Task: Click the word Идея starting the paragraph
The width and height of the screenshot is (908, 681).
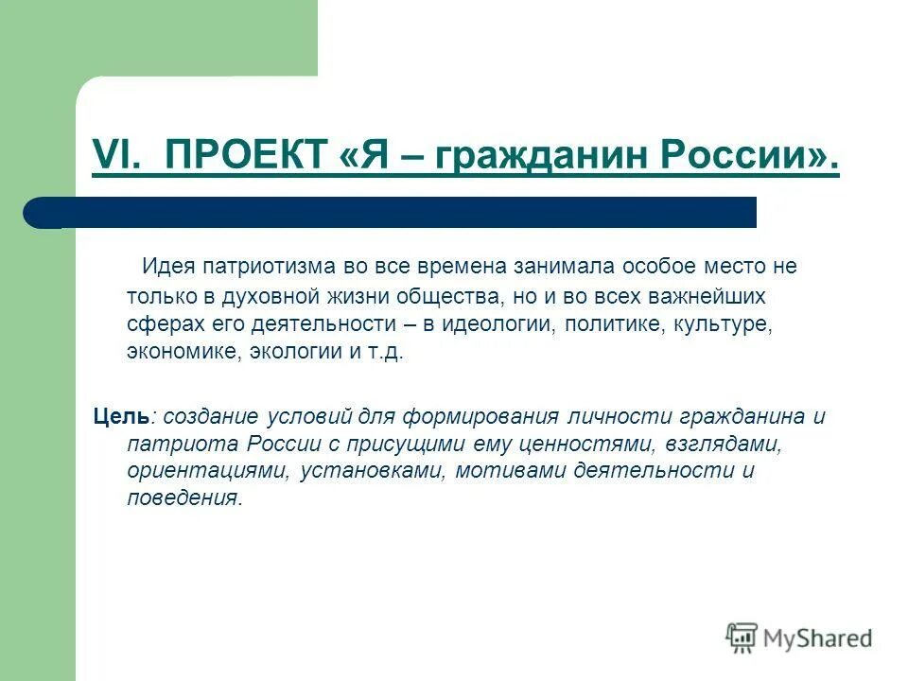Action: [x=164, y=266]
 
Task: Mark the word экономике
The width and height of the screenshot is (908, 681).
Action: [x=183, y=352]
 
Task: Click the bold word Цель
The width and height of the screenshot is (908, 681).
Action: [x=120, y=415]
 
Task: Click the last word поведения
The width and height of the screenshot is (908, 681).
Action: [x=183, y=498]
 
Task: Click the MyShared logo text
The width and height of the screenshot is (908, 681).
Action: [x=817, y=638]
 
